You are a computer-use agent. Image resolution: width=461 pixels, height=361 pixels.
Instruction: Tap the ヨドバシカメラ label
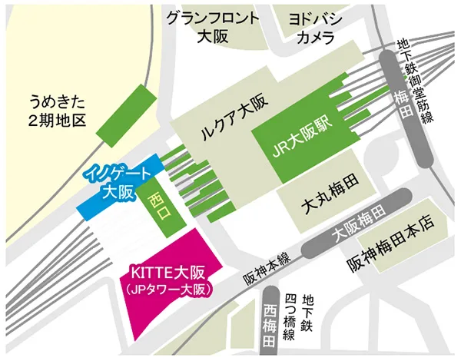pos(314,26)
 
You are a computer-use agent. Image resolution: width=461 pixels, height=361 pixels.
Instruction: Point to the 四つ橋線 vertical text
pos(291,314)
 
